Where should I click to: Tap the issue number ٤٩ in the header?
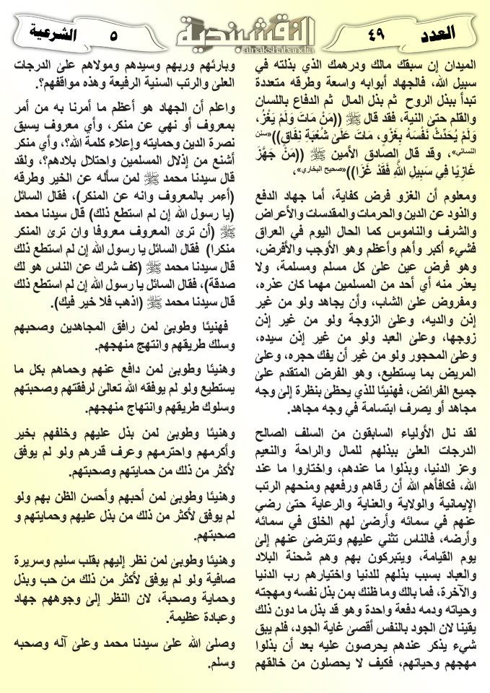tap(378, 32)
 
